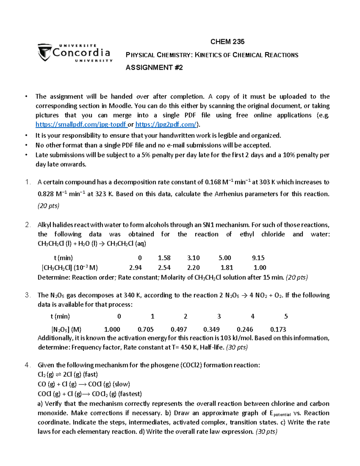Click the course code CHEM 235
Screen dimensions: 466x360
(x=227, y=42)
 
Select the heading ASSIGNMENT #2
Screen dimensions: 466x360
(x=154, y=68)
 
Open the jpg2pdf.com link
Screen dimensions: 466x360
(x=166, y=125)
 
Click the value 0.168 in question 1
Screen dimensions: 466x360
(x=213, y=182)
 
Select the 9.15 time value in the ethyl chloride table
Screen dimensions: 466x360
(x=258, y=258)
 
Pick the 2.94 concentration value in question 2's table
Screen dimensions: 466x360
(x=135, y=268)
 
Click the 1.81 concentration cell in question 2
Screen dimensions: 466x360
(x=226, y=268)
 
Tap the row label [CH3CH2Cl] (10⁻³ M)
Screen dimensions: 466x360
(x=70, y=268)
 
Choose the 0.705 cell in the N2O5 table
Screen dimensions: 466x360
(x=145, y=329)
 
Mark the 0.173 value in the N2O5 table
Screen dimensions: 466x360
(x=278, y=329)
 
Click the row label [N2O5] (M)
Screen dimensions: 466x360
(x=66, y=329)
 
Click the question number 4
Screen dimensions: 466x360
(x=28, y=365)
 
